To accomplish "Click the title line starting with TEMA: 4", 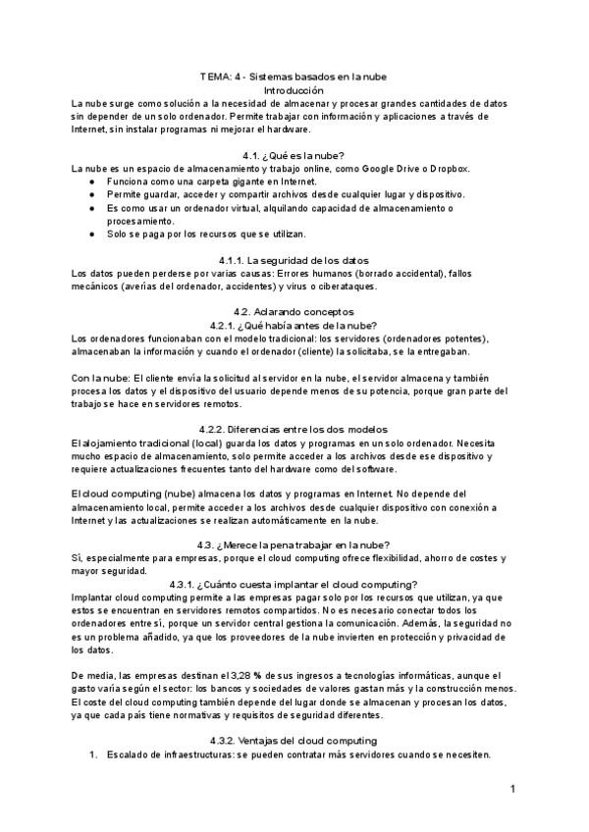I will click(294, 77).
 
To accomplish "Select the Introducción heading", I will click(294, 89).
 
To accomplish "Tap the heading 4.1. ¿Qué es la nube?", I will click(294, 155).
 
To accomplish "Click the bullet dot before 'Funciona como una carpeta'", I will click(91, 182).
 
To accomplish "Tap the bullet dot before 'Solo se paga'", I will click(91, 234).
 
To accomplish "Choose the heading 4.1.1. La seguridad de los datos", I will click(294, 259).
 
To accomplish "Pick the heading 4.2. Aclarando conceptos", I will click(294, 311).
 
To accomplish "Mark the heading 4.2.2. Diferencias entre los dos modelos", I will click(294, 429).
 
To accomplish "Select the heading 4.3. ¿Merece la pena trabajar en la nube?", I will click(294, 545).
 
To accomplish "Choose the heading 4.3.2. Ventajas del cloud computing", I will click(294, 740).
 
